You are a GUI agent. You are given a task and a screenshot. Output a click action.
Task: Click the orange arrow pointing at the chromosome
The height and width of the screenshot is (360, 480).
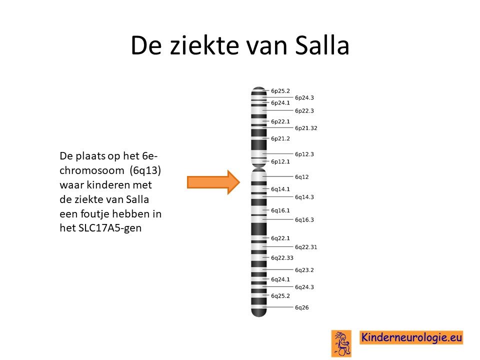(213, 182)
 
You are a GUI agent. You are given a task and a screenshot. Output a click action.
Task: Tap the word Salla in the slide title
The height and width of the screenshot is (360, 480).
(322, 45)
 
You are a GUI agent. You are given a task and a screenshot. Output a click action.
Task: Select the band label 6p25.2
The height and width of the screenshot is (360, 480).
(280, 91)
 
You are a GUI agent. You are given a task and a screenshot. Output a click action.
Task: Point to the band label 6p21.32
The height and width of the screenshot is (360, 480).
(306, 128)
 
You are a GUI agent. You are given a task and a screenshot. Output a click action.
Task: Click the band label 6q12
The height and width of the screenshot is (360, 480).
(302, 176)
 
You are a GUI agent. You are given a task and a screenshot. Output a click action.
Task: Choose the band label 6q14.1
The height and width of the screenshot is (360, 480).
(280, 189)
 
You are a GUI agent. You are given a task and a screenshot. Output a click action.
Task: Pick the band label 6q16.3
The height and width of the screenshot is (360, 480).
(304, 219)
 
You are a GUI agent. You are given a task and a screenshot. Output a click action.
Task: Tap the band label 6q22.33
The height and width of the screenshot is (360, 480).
(282, 258)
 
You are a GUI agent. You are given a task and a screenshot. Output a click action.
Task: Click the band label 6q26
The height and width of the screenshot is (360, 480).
(302, 307)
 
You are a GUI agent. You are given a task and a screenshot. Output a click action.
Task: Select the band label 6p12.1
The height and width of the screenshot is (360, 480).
(280, 161)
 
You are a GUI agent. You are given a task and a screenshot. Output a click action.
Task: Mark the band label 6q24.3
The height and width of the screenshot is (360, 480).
(304, 287)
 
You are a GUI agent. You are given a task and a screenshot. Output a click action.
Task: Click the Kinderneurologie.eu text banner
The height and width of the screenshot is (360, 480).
(411, 337)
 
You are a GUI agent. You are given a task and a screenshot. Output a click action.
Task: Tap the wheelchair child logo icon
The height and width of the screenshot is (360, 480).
(341, 343)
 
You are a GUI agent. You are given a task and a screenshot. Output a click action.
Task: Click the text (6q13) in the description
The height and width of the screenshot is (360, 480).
(145, 170)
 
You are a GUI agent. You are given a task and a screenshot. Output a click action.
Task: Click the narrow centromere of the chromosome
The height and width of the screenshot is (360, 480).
(258, 167)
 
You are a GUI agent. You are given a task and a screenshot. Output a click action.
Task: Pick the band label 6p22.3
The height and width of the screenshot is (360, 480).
(304, 110)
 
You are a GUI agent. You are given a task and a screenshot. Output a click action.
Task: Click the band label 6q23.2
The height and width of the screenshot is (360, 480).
(304, 269)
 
